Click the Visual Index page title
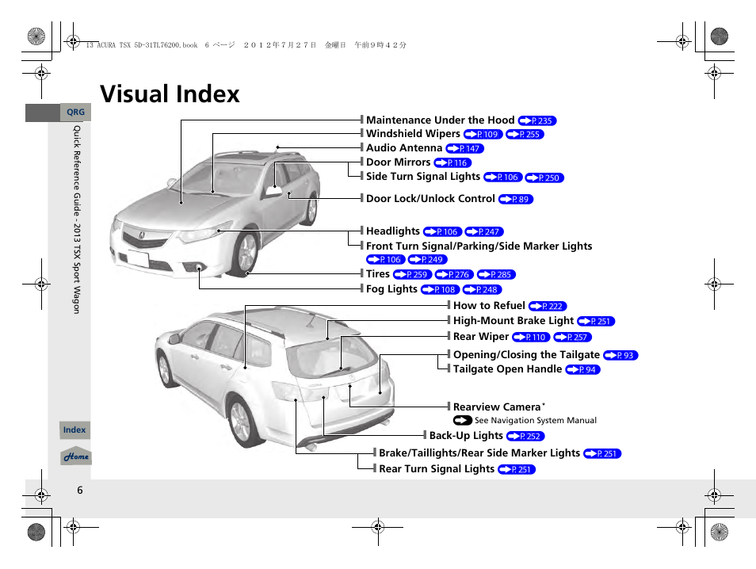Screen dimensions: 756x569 coord(170,94)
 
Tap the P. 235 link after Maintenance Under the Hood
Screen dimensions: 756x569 coord(537,121)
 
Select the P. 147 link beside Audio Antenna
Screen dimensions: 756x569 coord(464,149)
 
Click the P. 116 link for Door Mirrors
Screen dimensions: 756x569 coord(452,163)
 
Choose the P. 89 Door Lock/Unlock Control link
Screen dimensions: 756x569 coord(516,200)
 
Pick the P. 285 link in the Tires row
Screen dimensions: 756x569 coord(496,275)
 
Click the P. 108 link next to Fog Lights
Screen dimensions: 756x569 coord(441,290)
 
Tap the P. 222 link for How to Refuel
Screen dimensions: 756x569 coord(548,307)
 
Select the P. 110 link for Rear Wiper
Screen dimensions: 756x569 coord(531,338)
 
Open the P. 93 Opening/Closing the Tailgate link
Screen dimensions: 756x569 coord(620,356)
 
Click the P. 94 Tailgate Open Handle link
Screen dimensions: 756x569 coord(583,370)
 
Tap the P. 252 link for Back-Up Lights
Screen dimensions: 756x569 coord(525,437)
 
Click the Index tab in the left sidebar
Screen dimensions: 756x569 coord(74,430)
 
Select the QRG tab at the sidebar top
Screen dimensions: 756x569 coord(75,113)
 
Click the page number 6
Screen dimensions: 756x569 coord(79,490)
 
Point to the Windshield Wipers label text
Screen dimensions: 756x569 coord(413,134)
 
